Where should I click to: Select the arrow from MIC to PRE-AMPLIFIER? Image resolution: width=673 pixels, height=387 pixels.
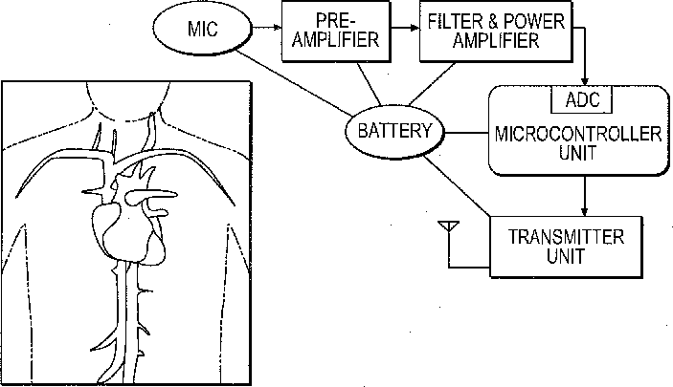pyautogui.click(x=266, y=28)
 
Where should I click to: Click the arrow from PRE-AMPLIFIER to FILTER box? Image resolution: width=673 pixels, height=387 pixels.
pyautogui.click(x=405, y=28)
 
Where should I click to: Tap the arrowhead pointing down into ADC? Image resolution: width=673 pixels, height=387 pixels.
pyautogui.click(x=584, y=81)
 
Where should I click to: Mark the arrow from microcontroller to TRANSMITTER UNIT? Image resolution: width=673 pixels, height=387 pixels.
pyautogui.click(x=584, y=196)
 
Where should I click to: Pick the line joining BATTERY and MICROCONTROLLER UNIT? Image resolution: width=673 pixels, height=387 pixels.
pyautogui.click(x=467, y=133)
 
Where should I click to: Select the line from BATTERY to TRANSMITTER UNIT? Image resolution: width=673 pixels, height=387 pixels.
pyautogui.click(x=457, y=185)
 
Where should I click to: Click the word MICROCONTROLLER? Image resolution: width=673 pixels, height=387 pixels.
pyautogui.click(x=577, y=134)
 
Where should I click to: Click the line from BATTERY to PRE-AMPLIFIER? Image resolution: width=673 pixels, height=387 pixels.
pyautogui.click(x=369, y=83)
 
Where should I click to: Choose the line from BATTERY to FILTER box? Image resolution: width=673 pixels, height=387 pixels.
pyautogui.click(x=432, y=84)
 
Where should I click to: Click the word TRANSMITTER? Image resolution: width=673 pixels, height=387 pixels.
pyautogui.click(x=566, y=237)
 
